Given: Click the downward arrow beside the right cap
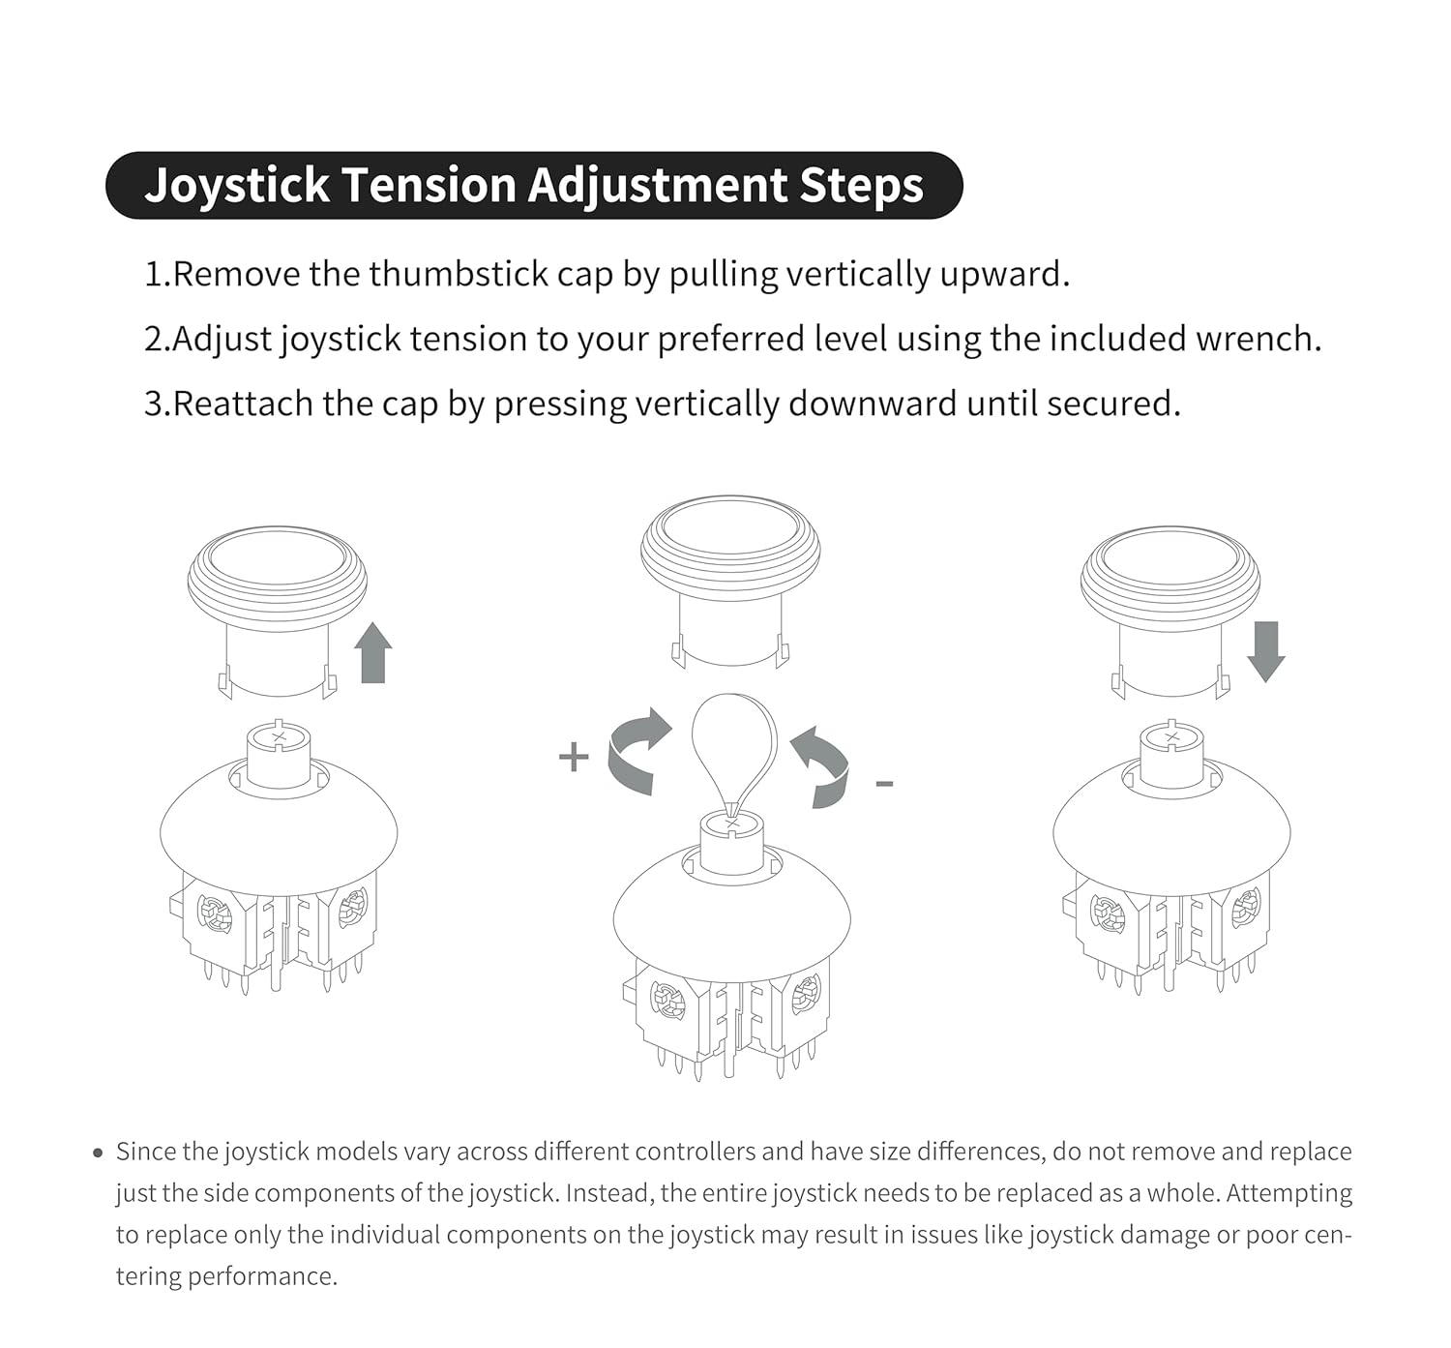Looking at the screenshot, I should [1265, 652].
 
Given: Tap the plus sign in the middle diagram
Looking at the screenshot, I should [574, 756].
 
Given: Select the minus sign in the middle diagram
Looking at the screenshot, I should [883, 783].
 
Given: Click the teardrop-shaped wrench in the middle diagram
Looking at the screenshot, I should [733, 745].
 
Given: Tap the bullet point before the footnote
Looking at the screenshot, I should [98, 1153].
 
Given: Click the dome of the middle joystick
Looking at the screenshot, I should [732, 910].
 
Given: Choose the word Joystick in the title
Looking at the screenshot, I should [237, 185].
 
